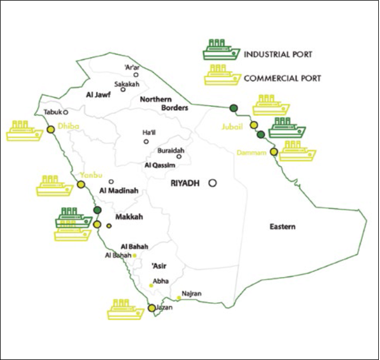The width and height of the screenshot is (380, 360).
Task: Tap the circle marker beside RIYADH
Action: [x=212, y=183]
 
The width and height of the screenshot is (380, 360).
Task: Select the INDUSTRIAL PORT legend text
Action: [x=278, y=54]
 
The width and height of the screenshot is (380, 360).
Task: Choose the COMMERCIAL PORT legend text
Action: [x=283, y=78]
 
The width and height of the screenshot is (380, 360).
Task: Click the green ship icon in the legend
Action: [x=220, y=50]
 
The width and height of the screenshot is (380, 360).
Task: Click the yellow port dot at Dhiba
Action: [x=51, y=129]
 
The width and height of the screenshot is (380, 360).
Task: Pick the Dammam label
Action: [x=253, y=153]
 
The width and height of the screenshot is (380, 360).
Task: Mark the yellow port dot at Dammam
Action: [x=274, y=152]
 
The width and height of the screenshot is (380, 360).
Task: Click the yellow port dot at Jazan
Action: [x=152, y=308]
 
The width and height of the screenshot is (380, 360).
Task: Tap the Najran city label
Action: [x=192, y=294]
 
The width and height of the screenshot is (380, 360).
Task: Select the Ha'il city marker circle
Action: [x=147, y=141]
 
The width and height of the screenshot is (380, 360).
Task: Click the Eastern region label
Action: [x=282, y=227]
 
